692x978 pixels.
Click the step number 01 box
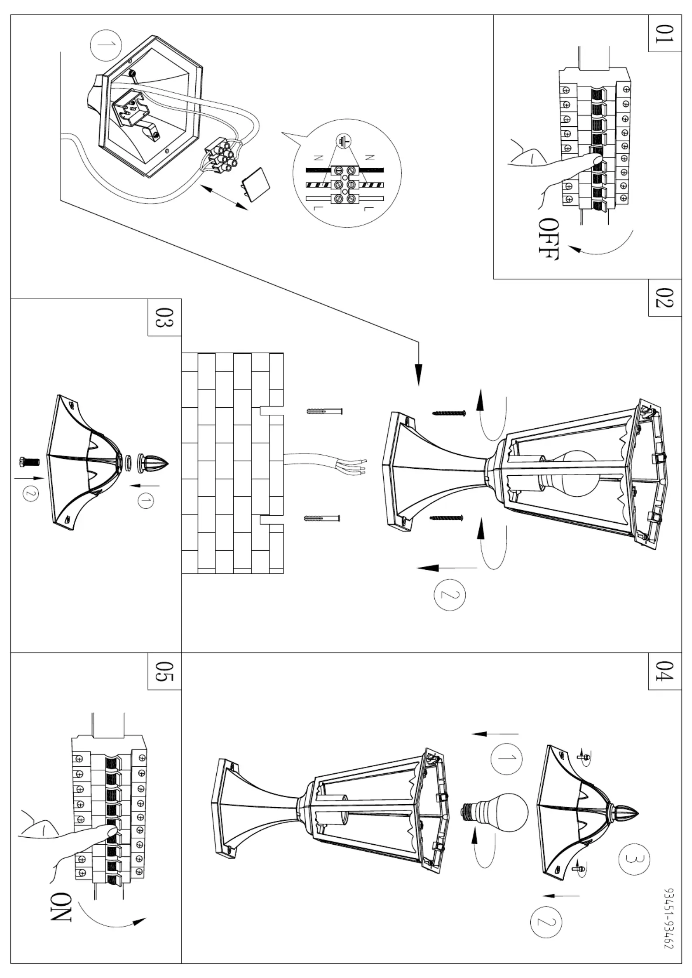click(665, 34)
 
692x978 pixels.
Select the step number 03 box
click(165, 317)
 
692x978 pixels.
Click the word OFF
click(548, 239)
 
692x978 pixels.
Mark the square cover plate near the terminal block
click(255, 184)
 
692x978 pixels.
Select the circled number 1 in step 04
click(506, 758)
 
